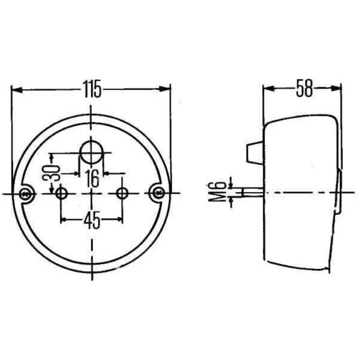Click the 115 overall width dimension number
(91, 90)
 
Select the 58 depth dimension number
(304, 89)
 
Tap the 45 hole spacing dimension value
(91, 221)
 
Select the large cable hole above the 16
(91, 152)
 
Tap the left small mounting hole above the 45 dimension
(61, 193)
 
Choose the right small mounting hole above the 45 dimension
(122, 193)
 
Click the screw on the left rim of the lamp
(25, 193)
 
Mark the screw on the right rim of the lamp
(158, 193)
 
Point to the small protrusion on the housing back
(254, 152)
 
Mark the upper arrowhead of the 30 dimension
(53, 158)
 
